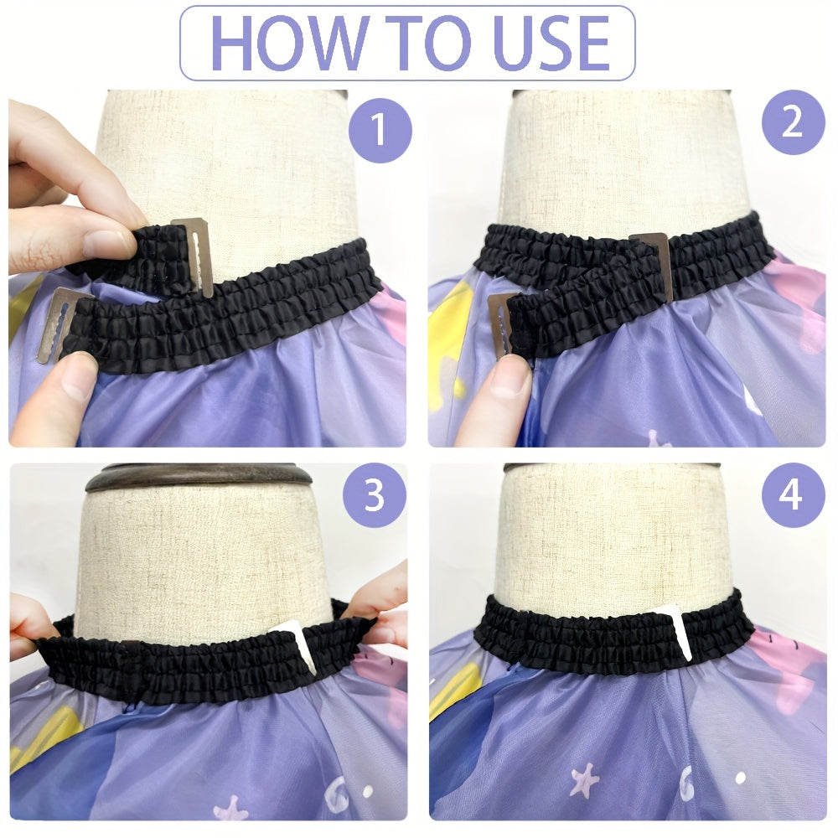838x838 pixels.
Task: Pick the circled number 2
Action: [793, 122]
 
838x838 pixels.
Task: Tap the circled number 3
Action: [374, 496]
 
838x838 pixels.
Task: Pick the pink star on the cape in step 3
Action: [228, 809]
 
